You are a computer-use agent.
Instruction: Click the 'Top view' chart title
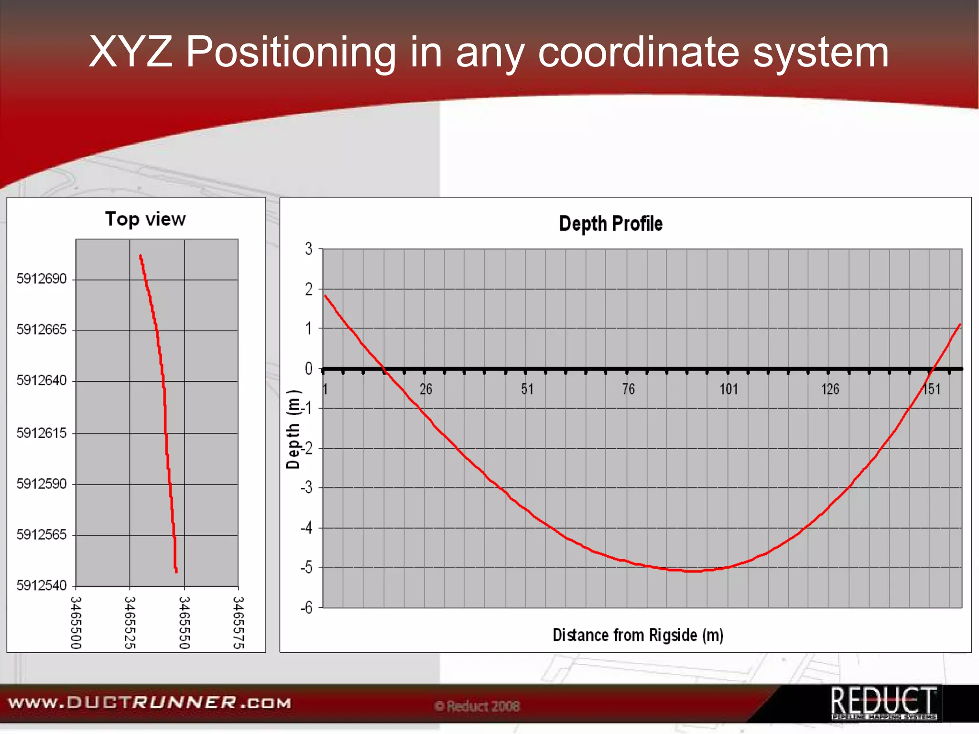[145, 219]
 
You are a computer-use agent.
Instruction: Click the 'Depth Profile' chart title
[610, 224]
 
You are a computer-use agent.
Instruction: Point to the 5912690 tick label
[42, 279]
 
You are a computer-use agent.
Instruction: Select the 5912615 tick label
[42, 433]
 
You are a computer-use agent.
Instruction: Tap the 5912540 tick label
[42, 585]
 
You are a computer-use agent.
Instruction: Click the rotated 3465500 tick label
[76, 623]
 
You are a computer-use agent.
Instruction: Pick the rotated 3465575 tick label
[239, 623]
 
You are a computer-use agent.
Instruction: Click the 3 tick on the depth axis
[309, 249]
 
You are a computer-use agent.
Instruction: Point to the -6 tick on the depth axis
[306, 608]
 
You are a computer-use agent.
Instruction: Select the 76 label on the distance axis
[628, 389]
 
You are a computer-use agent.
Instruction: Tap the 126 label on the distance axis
[830, 389]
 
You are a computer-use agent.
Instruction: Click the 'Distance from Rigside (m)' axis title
[638, 635]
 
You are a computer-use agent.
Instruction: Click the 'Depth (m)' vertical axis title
[293, 429]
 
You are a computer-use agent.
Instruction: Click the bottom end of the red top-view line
[176, 571]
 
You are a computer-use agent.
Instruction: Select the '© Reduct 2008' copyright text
[477, 706]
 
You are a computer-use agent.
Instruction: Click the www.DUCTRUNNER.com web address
[150, 703]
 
